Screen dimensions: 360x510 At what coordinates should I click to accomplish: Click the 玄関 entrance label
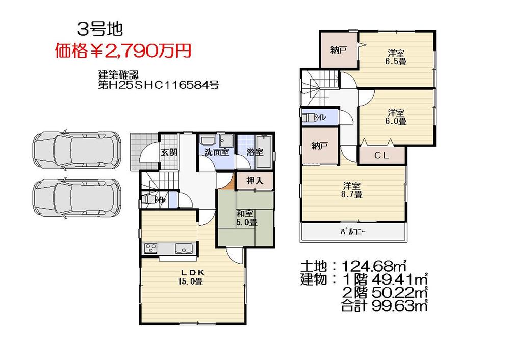(x=169, y=152)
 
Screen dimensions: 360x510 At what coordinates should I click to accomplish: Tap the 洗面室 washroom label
(x=217, y=152)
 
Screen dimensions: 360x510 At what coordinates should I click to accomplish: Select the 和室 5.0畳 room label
(x=246, y=218)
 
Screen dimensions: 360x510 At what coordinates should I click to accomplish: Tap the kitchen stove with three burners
(x=151, y=248)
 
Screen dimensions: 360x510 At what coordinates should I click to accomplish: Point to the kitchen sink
(x=183, y=248)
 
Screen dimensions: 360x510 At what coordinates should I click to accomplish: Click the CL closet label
(x=382, y=156)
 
